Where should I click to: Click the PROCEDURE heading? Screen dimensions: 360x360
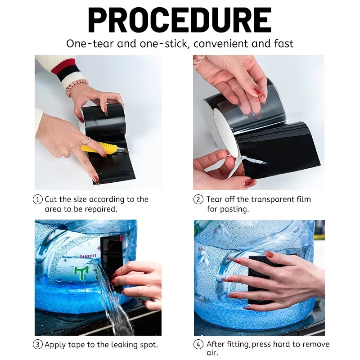click(180, 20)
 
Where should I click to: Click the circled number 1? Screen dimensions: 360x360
click(38, 199)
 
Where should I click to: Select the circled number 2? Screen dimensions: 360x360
click(198, 199)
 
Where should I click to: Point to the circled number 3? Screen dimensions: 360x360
click(38, 344)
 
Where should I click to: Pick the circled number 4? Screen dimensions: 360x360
click(198, 344)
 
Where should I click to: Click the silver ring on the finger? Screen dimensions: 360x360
click(87, 141)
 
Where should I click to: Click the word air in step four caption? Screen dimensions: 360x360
click(212, 353)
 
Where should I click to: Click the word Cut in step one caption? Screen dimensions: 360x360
click(50, 199)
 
